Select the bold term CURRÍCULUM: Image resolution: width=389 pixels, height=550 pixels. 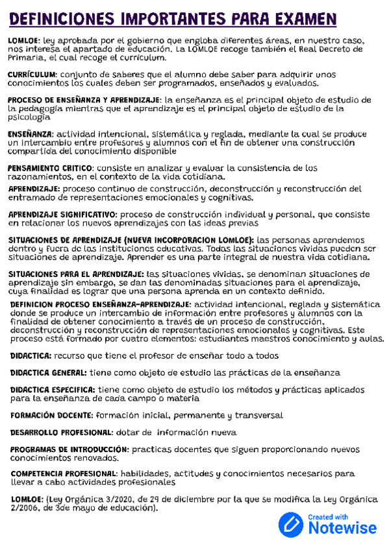click(32, 75)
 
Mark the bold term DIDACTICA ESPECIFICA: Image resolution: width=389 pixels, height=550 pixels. click(53, 390)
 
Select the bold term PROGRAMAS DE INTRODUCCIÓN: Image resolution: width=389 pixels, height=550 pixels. click(69, 449)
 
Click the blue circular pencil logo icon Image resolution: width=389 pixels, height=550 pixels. click(291, 524)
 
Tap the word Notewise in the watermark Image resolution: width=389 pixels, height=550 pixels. click(342, 528)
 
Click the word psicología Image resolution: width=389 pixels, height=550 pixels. click(28, 118)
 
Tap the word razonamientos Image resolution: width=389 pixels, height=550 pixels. click(40, 176)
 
